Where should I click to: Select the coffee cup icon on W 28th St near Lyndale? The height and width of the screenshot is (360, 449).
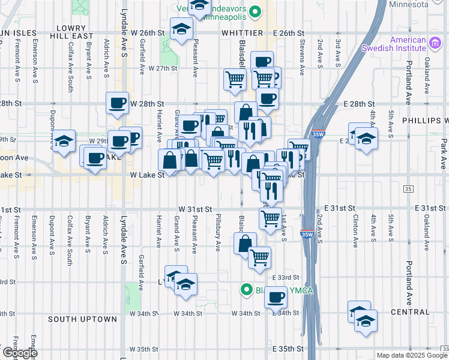coord(117,103)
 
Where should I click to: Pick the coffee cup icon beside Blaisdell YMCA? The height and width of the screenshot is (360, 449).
coord(276,297)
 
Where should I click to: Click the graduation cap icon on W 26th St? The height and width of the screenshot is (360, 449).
coord(179,29)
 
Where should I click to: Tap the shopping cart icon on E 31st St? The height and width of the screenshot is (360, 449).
coord(271,217)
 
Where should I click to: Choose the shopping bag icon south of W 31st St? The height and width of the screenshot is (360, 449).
coord(244,244)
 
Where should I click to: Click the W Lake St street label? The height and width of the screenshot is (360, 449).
coord(148,175)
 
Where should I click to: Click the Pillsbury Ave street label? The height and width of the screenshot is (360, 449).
coord(219,227)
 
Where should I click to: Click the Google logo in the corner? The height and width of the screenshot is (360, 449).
coord(19,353)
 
